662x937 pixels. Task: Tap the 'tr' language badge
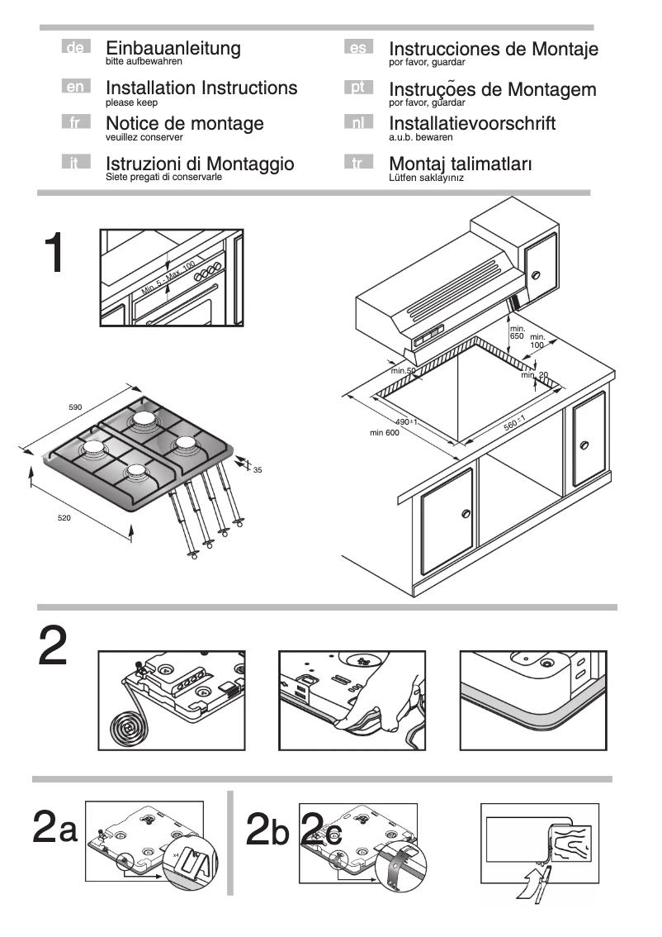click(x=357, y=163)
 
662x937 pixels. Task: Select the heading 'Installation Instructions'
click(x=201, y=88)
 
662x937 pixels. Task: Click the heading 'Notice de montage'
click(x=185, y=124)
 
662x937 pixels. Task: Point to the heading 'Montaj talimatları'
click(x=460, y=164)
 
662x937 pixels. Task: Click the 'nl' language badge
click(x=357, y=123)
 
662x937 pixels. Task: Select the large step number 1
click(x=55, y=254)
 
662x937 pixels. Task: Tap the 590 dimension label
click(x=75, y=407)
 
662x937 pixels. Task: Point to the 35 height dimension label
click(x=258, y=470)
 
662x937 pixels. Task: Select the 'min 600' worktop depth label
click(x=385, y=433)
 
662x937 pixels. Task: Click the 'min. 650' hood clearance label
click(x=517, y=333)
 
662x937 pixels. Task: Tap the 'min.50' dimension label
click(x=404, y=371)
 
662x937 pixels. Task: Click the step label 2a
click(x=54, y=828)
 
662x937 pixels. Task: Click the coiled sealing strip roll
click(x=127, y=730)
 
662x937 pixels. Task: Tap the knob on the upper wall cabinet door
click(x=536, y=274)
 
